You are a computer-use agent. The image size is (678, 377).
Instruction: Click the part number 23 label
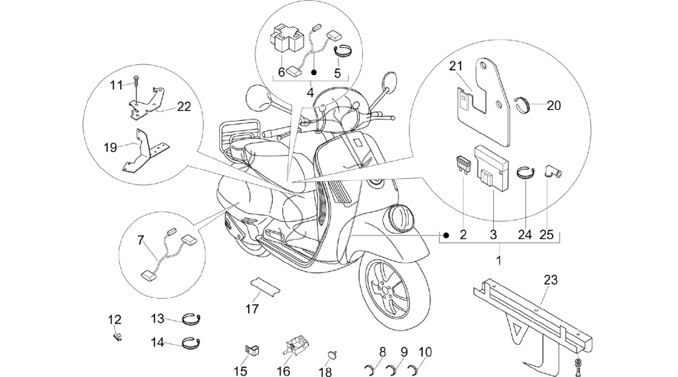[551, 280]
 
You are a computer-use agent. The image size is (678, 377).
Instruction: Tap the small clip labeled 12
[117, 337]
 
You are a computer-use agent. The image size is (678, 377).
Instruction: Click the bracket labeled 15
[252, 349]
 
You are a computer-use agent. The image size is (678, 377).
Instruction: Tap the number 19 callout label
[110, 147]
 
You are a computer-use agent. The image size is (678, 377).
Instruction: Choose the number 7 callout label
[141, 240]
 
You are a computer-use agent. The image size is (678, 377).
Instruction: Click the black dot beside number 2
[446, 235]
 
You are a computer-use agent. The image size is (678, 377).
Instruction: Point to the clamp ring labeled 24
[526, 173]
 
